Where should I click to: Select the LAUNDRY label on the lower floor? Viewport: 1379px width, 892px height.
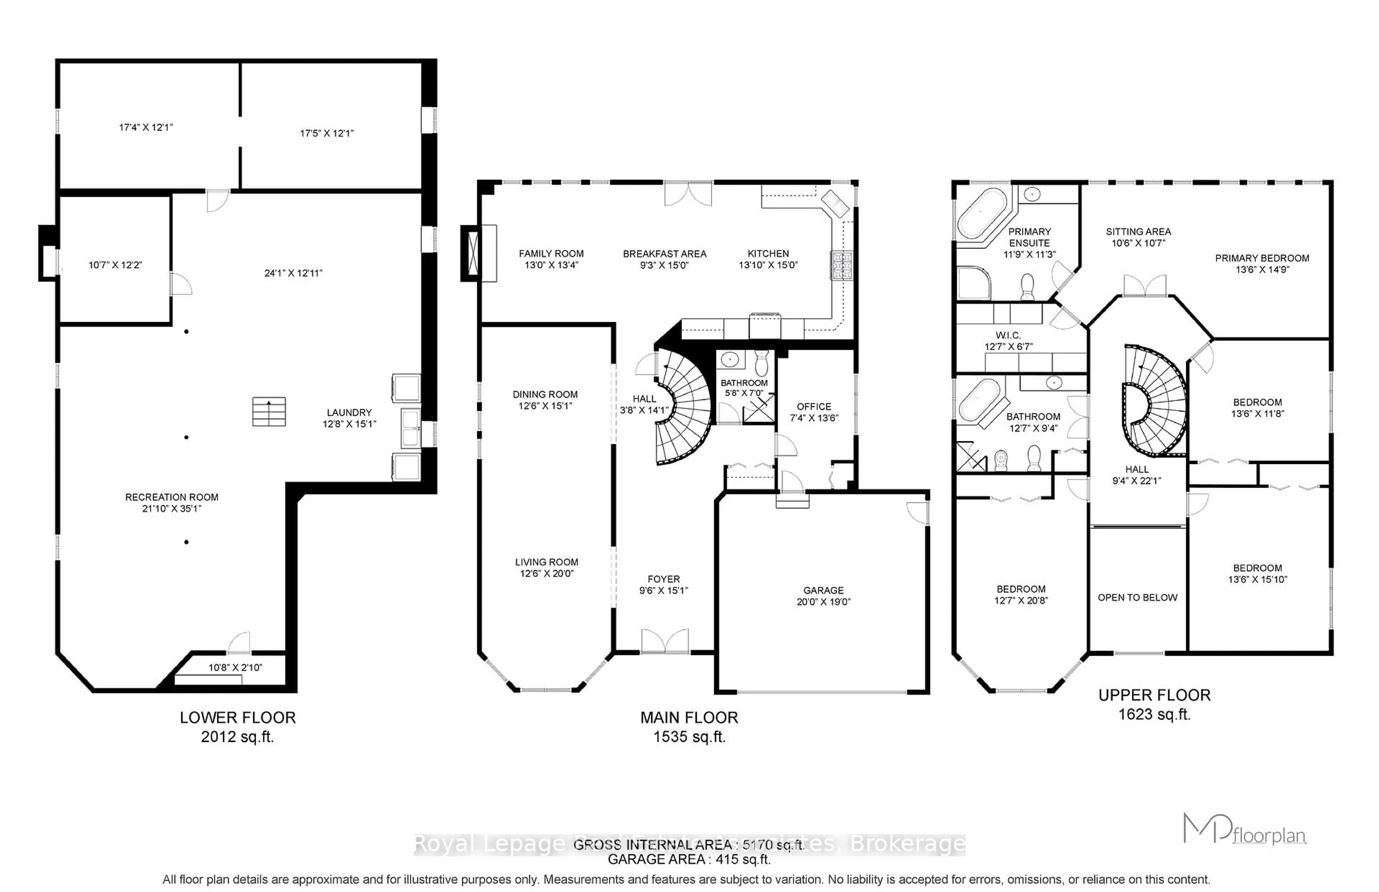(x=349, y=412)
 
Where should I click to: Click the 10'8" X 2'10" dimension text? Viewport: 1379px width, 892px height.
(x=235, y=667)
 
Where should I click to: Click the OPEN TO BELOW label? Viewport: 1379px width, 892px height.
(x=1137, y=597)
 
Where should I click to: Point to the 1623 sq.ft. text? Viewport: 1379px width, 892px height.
(x=1154, y=714)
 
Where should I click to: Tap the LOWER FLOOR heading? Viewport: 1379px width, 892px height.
(x=237, y=717)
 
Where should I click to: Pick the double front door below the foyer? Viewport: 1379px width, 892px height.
(x=665, y=642)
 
